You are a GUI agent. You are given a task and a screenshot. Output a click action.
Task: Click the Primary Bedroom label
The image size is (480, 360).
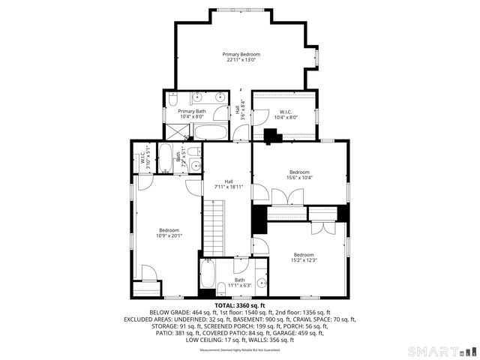click(241, 58)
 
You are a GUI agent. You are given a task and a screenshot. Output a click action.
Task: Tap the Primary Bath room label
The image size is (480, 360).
click(191, 114)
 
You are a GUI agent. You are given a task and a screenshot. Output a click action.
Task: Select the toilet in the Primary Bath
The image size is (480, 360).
click(171, 99)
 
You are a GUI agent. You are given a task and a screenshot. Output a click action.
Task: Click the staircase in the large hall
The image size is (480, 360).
click(216, 232)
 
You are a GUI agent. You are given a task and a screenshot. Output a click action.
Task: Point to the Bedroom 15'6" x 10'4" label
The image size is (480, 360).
click(300, 175)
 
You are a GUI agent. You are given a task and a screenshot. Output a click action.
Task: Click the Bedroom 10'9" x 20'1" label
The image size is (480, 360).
click(169, 232)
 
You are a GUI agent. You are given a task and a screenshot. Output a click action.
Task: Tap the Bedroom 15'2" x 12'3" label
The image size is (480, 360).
click(304, 257)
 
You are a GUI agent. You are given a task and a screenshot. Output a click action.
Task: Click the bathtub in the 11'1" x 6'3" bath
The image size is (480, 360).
click(208, 276)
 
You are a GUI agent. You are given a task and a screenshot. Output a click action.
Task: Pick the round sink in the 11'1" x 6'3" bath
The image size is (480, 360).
click(261, 283)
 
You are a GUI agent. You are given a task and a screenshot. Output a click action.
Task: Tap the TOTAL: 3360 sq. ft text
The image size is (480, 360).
click(241, 305)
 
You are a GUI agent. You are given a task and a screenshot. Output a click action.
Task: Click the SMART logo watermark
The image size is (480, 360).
click(441, 350)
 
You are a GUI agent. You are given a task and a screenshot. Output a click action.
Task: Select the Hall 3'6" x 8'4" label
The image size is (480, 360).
click(242, 110)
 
